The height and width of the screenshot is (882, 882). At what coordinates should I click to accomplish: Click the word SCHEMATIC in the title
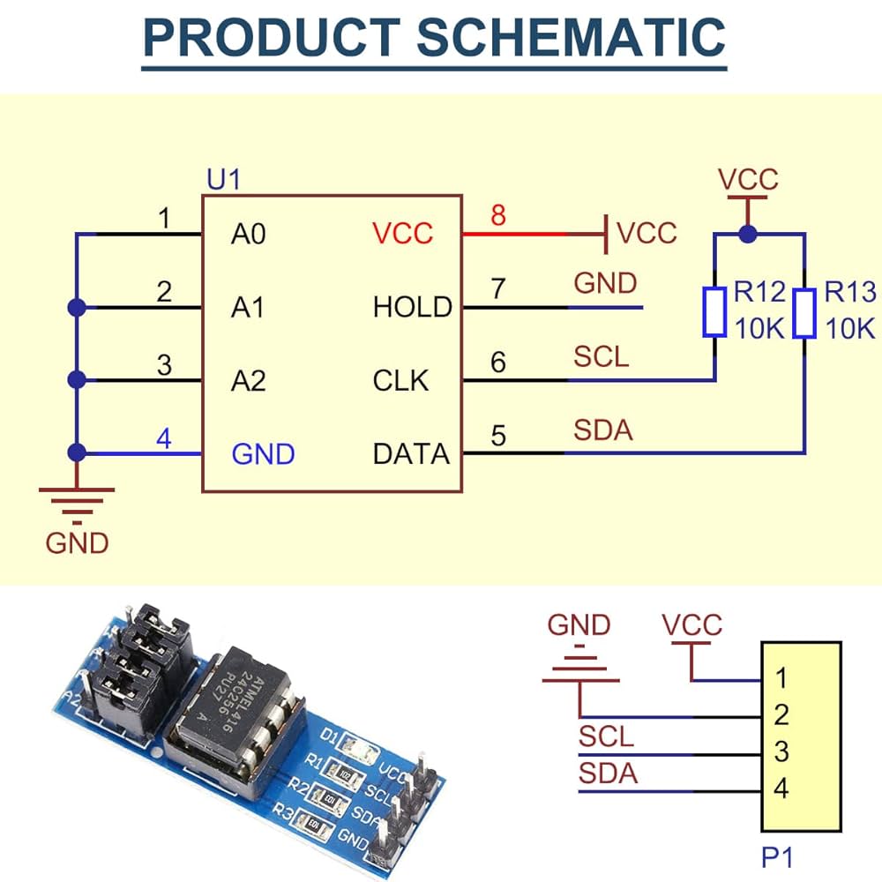(x=571, y=37)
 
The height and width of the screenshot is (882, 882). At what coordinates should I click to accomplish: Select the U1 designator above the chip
(x=223, y=179)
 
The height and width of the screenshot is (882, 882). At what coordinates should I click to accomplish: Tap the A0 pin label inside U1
(x=248, y=234)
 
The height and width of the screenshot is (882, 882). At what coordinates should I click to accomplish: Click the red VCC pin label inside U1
(x=403, y=234)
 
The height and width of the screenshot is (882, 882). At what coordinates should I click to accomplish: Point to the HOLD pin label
(x=412, y=307)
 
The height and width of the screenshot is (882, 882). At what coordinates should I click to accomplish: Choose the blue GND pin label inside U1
(x=263, y=454)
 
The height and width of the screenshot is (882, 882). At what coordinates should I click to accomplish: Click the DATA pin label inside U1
(x=411, y=454)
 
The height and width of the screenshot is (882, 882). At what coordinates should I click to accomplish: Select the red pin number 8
(x=497, y=215)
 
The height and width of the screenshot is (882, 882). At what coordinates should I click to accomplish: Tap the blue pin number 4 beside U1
(x=164, y=438)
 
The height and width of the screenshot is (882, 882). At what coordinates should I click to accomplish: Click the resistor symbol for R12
(x=714, y=312)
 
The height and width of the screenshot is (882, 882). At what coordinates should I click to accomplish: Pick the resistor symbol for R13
(x=804, y=313)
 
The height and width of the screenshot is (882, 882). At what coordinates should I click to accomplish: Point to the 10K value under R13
(x=850, y=328)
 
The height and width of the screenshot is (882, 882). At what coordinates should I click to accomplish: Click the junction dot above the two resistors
(x=748, y=234)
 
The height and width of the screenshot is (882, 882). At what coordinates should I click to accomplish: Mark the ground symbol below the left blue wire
(x=77, y=505)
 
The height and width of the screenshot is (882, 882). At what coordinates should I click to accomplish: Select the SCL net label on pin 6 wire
(x=601, y=356)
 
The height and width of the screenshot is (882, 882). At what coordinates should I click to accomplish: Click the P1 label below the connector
(x=777, y=858)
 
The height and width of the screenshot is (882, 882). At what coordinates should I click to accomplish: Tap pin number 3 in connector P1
(x=781, y=752)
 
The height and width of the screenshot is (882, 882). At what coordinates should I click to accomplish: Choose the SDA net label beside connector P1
(x=608, y=774)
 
